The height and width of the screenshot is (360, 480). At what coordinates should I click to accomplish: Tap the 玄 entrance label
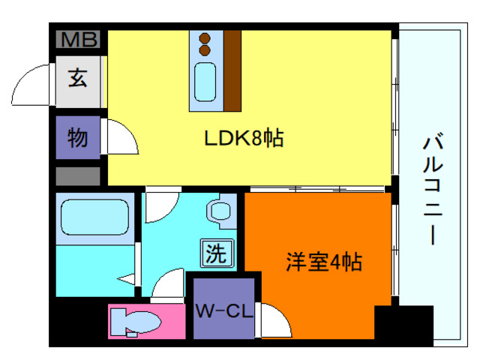pos(78,77)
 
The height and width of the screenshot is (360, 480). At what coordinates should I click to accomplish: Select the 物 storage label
pos(78,137)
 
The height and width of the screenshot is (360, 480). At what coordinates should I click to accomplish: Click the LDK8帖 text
pos(244,139)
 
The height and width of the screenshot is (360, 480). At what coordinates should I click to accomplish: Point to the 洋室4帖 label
pos(324,262)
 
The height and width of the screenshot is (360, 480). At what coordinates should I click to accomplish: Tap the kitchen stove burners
pos(203,44)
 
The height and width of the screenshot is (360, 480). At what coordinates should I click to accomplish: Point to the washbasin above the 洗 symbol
pos(222,211)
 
